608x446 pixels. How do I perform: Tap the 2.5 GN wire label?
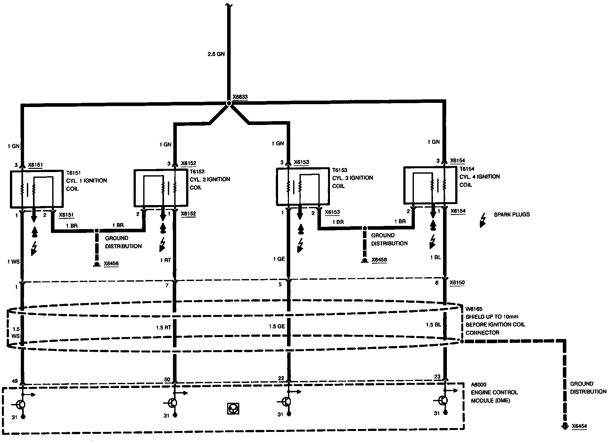pyautogui.click(x=216, y=54)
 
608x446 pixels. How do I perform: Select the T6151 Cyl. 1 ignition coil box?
pyautogui.click(x=37, y=189)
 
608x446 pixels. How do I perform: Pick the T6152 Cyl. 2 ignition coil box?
pyautogui.click(x=160, y=188)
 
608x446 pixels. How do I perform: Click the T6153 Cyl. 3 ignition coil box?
pyautogui.click(x=303, y=186)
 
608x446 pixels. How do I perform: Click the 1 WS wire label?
pyautogui.click(x=13, y=262)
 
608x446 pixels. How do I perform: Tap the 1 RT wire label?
pyautogui.click(x=165, y=260)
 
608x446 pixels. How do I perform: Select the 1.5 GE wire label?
pyautogui.click(x=277, y=326)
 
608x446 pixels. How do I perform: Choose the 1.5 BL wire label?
pyautogui.click(x=433, y=325)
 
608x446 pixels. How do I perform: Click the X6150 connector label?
pyautogui.click(x=457, y=283)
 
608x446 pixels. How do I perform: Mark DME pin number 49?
pyautogui.click(x=14, y=381)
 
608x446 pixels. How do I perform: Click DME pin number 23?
pyautogui.click(x=437, y=377)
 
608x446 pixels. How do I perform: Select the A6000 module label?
pyautogui.click(x=478, y=384)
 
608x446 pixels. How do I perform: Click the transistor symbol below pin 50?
pyautogui.click(x=172, y=403)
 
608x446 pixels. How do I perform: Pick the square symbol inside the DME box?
pyautogui.click(x=233, y=409)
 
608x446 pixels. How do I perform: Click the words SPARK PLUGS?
pyautogui.click(x=512, y=215)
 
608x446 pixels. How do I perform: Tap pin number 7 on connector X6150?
pyautogui.click(x=167, y=285)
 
